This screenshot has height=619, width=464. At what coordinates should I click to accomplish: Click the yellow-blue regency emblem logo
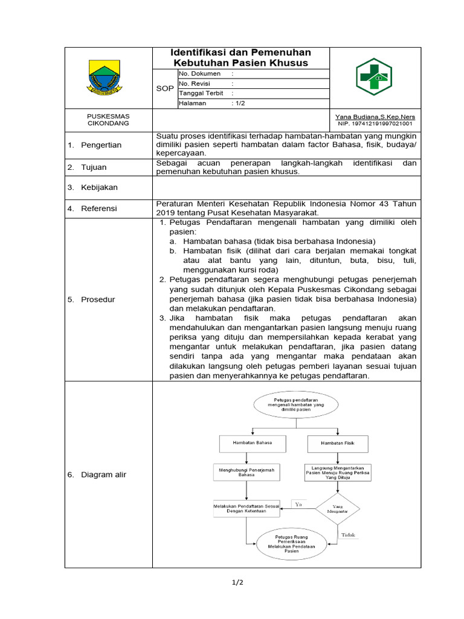click(105, 77)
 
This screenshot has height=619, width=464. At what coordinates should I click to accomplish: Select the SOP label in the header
click(164, 88)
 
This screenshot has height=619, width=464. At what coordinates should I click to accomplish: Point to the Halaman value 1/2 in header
click(238, 103)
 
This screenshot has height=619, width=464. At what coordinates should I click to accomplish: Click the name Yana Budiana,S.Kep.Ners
click(375, 117)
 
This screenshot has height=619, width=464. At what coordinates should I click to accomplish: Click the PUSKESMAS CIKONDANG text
click(108, 119)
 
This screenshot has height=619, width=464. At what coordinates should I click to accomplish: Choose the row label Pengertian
click(101, 145)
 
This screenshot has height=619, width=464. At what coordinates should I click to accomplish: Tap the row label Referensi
click(100, 209)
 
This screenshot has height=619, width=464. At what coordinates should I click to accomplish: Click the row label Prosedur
click(98, 299)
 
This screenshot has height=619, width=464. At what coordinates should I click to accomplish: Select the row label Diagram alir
click(103, 475)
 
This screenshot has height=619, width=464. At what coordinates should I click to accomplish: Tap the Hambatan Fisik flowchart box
click(338, 443)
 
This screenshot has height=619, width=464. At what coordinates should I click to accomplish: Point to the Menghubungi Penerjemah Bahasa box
click(246, 472)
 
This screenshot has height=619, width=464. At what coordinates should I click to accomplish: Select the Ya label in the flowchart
click(298, 503)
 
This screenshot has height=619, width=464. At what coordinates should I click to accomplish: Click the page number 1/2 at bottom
click(237, 583)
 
